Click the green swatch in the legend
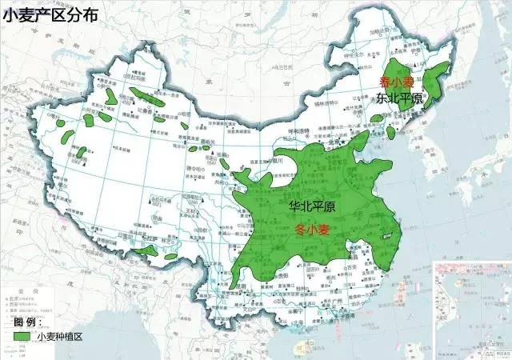(x=23, y=337)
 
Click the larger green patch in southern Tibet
(x=146, y=251)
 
